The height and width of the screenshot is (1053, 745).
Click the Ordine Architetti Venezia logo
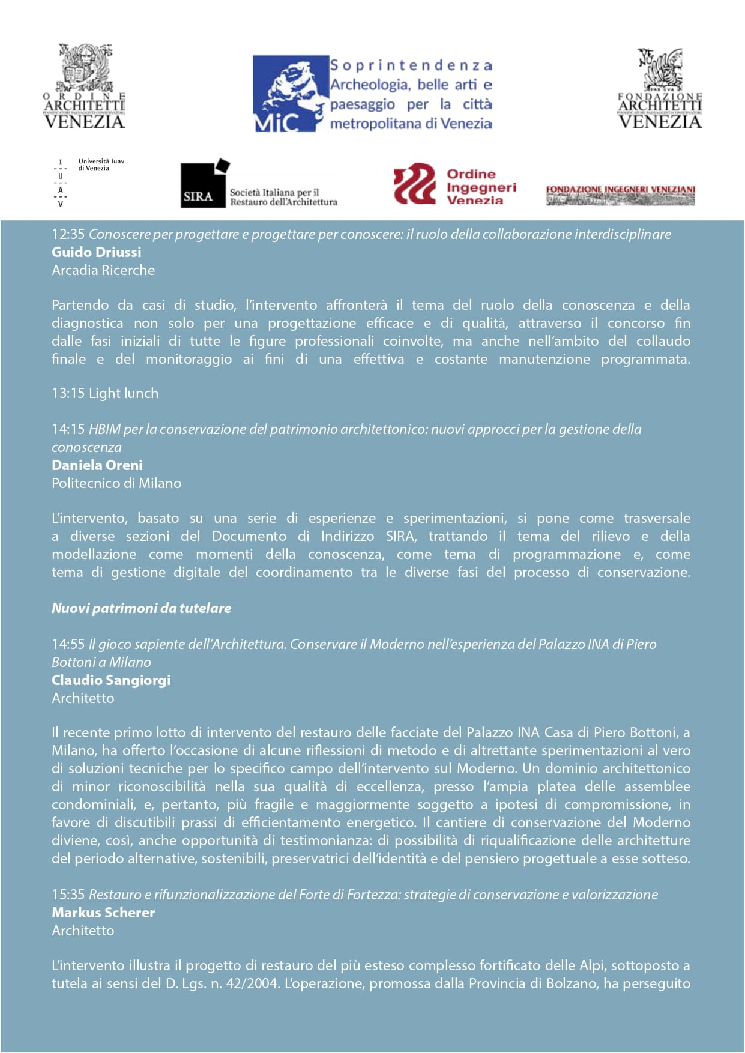84,86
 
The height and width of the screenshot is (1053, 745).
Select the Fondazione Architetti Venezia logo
660,89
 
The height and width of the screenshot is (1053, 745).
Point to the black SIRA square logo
205,184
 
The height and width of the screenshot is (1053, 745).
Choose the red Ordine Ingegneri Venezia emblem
414,184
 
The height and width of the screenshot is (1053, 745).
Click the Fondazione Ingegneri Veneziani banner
620,195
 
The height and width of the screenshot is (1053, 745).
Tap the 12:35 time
68,234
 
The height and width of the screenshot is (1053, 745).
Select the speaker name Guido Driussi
97,252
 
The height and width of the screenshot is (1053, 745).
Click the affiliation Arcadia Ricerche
103,270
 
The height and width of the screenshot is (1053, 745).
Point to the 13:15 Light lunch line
105,393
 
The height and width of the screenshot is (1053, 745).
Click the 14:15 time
68,429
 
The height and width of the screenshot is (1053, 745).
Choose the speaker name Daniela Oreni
97,465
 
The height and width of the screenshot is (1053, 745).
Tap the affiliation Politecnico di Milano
116,483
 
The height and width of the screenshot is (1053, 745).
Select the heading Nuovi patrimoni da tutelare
141,608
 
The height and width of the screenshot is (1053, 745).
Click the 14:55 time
68,644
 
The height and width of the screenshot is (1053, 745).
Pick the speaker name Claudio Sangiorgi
111,680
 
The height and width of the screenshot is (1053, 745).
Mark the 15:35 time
68,895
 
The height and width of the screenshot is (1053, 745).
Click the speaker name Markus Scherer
103,913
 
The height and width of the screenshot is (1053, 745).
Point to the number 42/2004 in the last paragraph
252,983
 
